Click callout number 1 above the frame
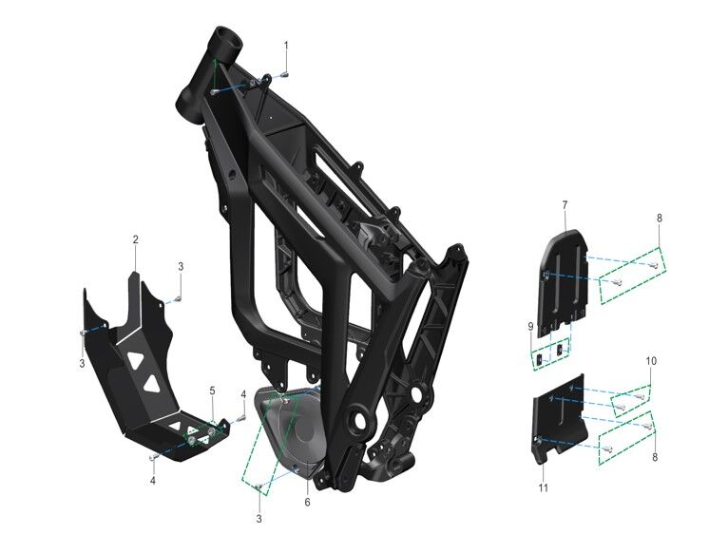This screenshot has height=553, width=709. [x=286, y=46]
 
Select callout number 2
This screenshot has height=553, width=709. [x=136, y=239]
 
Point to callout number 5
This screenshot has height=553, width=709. [x=213, y=391]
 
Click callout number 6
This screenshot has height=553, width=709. [x=308, y=502]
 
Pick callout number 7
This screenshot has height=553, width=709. [x=565, y=206]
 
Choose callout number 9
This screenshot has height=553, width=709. [x=530, y=326]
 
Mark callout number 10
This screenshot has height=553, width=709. [x=652, y=361]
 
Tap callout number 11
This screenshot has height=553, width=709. [x=543, y=487]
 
